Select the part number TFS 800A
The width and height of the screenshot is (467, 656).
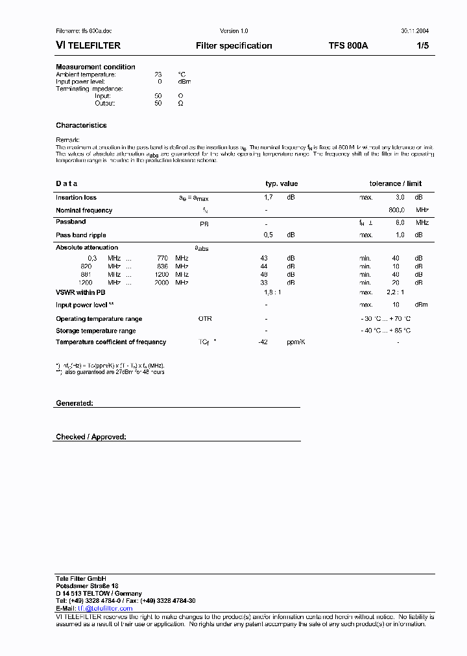click(348, 46)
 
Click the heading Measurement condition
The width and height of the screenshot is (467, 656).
click(95, 67)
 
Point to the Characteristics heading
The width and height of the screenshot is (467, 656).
click(81, 125)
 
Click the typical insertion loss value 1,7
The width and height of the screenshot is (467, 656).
click(269, 197)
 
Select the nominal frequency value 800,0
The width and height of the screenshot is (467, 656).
click(397, 210)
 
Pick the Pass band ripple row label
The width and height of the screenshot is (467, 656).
click(81, 235)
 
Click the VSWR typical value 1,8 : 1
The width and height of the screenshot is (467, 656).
click(272, 292)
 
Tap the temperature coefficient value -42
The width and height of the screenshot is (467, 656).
click(263, 342)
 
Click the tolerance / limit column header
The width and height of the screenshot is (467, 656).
click(396, 183)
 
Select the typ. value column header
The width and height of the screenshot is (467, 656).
click(281, 183)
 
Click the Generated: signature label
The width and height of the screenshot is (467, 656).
click(75, 403)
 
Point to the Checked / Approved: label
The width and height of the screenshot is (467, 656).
click(91, 437)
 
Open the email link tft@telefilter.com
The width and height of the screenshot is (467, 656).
click(105, 609)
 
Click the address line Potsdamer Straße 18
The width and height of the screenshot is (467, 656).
click(87, 585)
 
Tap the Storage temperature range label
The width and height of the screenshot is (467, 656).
click(96, 331)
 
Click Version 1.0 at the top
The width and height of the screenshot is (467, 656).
click(234, 31)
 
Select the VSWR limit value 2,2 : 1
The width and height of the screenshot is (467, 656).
click(395, 292)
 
